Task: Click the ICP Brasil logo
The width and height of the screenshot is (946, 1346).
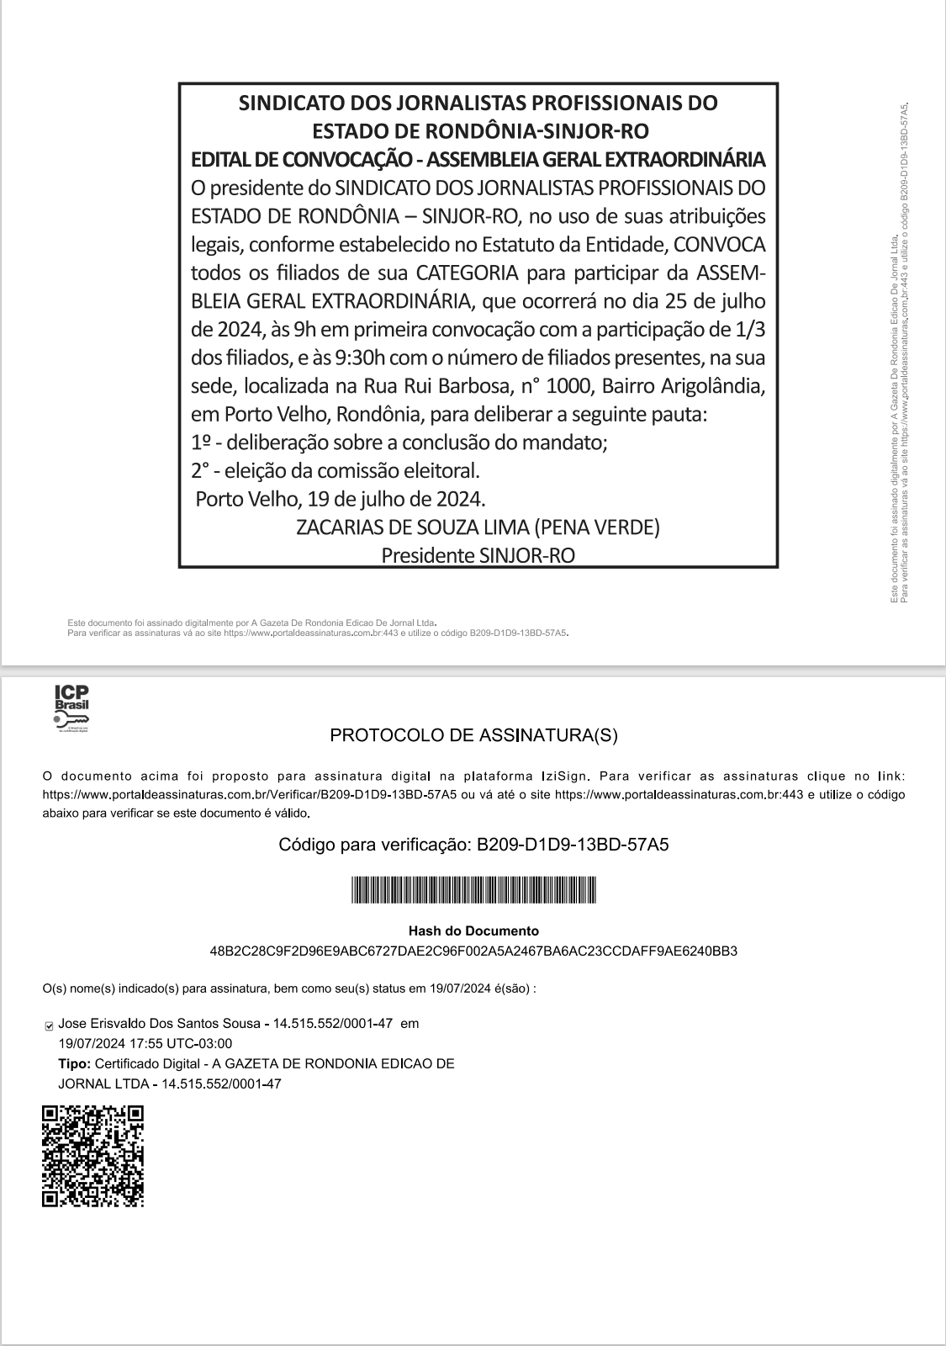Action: [x=71, y=708]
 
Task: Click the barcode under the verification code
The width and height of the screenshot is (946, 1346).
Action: [x=473, y=889]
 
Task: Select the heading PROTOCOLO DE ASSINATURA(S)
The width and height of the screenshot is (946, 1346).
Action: [x=473, y=735]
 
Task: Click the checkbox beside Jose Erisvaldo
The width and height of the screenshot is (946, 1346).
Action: [x=49, y=1025]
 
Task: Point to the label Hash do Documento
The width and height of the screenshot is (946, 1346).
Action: [x=473, y=931]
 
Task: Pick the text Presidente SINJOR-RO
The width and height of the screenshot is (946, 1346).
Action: [x=478, y=555]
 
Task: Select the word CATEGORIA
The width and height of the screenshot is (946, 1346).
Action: [x=467, y=273]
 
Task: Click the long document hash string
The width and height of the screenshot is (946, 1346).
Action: [x=473, y=951]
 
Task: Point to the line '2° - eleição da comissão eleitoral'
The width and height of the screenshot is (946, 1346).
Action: [x=335, y=470]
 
